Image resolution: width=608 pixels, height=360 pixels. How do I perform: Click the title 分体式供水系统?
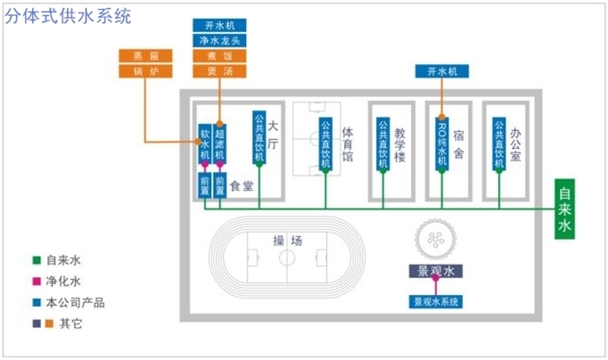tap(68, 16)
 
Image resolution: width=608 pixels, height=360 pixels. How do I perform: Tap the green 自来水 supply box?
tap(564, 211)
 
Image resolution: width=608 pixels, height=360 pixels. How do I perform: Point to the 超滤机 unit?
tap(219, 143)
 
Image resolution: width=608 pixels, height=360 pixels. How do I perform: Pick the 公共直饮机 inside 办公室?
tap(500, 143)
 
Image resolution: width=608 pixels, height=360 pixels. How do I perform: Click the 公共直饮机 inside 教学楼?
tap(382, 143)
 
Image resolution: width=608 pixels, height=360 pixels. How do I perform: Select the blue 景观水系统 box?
tap(435, 301)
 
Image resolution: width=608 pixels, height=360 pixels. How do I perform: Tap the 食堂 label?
tap(242, 186)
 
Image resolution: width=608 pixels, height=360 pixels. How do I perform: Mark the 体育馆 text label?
tap(348, 143)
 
